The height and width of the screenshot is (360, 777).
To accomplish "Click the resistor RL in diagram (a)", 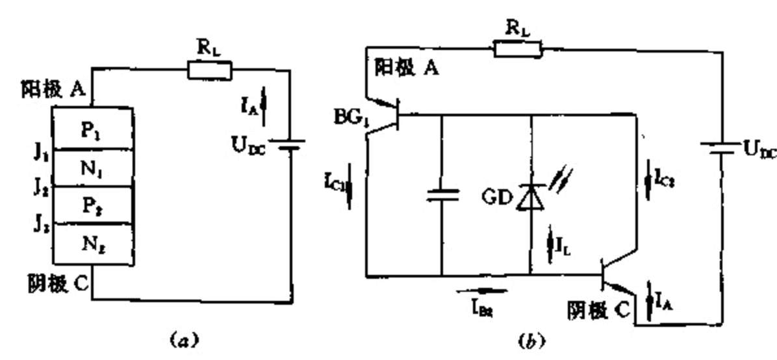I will (209, 70).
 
